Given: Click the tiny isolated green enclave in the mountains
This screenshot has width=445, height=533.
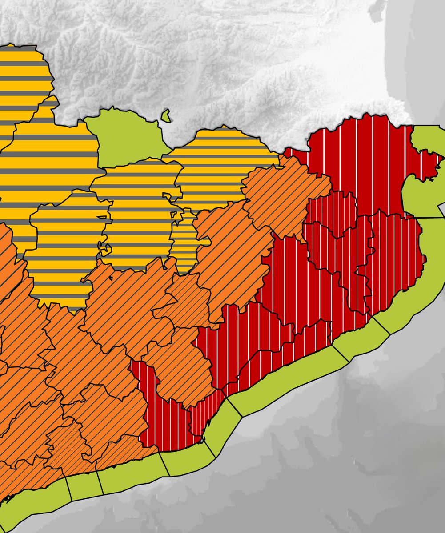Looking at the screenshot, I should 165,116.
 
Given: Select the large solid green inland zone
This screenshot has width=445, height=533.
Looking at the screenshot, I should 124,135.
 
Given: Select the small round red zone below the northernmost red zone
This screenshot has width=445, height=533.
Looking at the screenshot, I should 331,211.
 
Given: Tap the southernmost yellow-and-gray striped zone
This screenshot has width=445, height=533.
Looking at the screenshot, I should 62,253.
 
